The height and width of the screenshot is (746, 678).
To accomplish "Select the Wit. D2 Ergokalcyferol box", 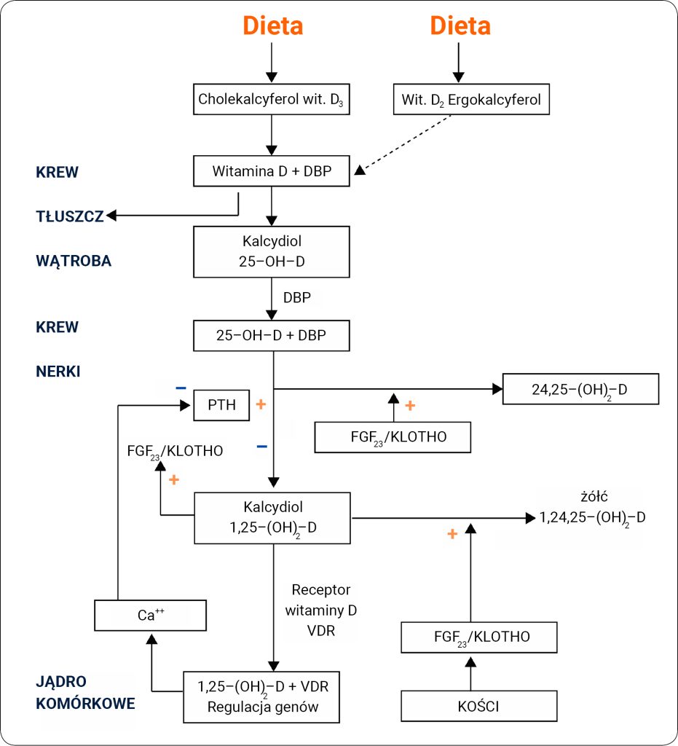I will [471, 99].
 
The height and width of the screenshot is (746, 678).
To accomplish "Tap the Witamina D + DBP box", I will [272, 172].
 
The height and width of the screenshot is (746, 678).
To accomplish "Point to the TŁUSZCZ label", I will [70, 216].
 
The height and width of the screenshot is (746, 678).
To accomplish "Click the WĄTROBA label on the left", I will [74, 261].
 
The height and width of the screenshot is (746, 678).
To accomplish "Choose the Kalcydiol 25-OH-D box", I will [272, 251].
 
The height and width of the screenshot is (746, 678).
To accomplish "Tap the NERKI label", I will [58, 371].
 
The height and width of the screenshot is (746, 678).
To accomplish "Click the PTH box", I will [221, 405].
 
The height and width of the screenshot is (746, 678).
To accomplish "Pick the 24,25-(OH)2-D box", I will [580, 389].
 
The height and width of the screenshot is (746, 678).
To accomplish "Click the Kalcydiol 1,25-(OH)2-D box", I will [272, 517].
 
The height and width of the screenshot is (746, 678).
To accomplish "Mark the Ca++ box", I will [151, 615].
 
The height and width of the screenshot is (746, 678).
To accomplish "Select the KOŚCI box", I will [479, 706].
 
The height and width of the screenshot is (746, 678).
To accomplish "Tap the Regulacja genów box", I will [261, 696].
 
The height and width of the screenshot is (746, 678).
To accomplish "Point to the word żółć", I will [594, 497].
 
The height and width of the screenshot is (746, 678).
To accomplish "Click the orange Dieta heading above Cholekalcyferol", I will [272, 26].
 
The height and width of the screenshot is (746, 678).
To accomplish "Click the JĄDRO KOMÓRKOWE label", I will [85, 693].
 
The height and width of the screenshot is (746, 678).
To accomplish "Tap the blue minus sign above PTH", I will [181, 388].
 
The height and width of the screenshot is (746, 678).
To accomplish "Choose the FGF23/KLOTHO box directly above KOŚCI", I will [479, 637].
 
